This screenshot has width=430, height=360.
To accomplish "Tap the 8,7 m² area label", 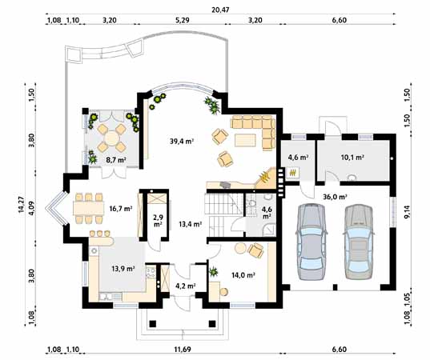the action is (x=116, y=159).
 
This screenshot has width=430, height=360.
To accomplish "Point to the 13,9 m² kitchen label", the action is (x=123, y=268).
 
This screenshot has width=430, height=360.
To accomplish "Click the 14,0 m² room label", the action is (x=243, y=274).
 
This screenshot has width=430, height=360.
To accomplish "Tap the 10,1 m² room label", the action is (x=352, y=158).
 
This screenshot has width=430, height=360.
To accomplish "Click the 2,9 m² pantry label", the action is (x=159, y=221).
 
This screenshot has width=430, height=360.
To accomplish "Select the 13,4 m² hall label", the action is (x=191, y=224).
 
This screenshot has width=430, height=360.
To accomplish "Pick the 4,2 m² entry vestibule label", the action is (x=186, y=286).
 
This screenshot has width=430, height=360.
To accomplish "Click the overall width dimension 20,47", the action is (x=220, y=10).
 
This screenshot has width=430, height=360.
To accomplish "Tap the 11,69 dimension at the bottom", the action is (x=183, y=350).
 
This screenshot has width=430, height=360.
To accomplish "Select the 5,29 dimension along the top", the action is (x=183, y=20).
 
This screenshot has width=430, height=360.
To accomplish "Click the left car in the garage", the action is (x=311, y=242).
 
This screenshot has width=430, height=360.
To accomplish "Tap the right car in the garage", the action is (x=360, y=242).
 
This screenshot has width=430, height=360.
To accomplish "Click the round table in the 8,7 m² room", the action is (x=111, y=138).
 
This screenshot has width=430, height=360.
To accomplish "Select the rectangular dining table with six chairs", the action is (x=89, y=208).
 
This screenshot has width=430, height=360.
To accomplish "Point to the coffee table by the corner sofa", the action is (x=246, y=140).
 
